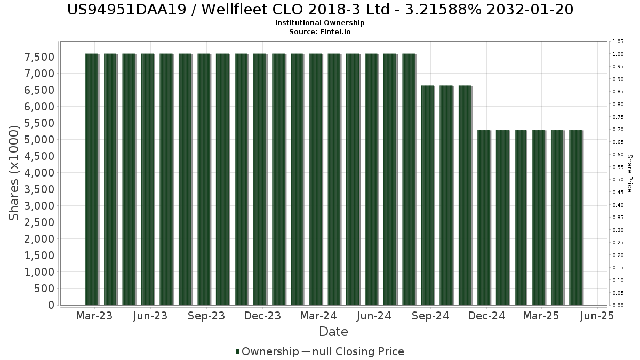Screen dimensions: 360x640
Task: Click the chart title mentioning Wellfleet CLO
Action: click(321, 10)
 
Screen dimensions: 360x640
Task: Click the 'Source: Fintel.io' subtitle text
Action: click(320, 31)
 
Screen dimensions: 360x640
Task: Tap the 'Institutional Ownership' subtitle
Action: click(320, 23)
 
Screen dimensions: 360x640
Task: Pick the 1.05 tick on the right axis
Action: click(618, 42)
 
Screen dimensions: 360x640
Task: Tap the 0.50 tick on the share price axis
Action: click(618, 180)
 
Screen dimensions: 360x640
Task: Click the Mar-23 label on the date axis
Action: click(94, 316)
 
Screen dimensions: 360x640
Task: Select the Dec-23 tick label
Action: click(262, 316)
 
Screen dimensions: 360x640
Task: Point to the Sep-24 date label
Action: click(431, 316)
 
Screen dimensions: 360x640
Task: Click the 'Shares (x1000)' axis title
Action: click(15, 173)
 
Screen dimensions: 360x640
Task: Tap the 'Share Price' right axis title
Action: click(629, 173)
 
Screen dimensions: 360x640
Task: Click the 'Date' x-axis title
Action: click(333, 332)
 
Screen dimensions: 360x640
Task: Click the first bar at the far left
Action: click(92, 179)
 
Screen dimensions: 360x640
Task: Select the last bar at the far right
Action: click(576, 217)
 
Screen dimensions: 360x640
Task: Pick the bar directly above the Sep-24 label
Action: click(428, 195)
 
